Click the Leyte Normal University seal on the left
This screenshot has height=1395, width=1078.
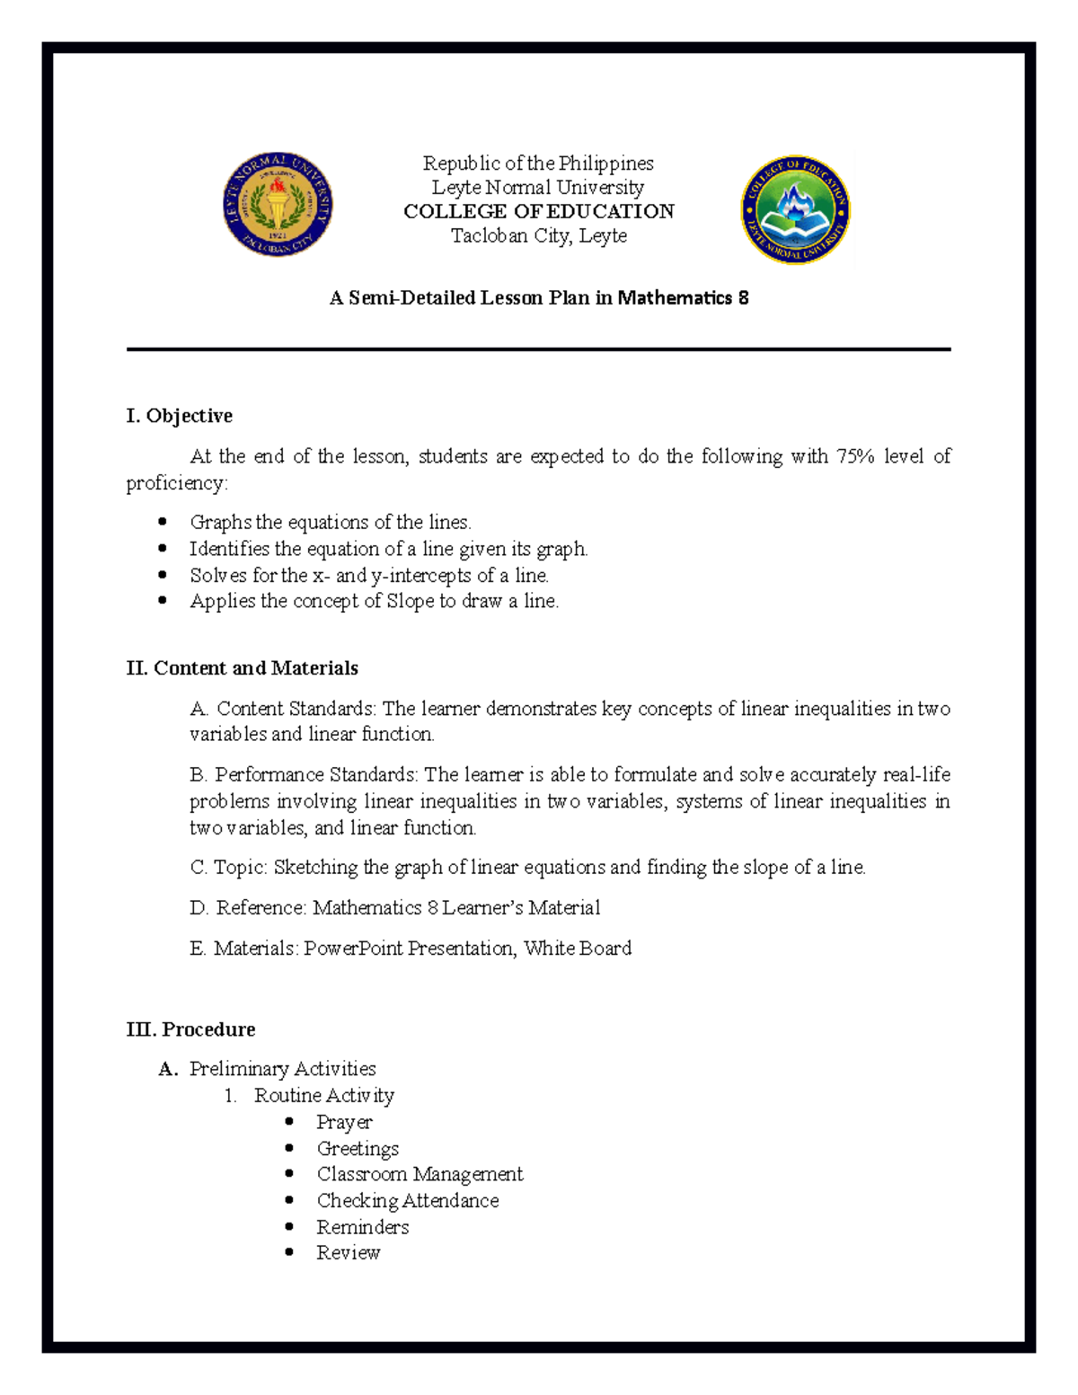tap(278, 204)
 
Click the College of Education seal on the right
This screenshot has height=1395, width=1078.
tap(795, 209)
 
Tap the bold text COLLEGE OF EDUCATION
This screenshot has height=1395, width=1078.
tap(538, 212)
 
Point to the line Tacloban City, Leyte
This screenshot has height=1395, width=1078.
tap(538, 236)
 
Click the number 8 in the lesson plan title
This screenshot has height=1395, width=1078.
tap(743, 298)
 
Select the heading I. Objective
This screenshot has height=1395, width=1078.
tap(180, 416)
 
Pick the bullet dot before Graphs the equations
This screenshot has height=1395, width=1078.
tap(163, 522)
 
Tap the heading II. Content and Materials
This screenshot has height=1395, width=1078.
tap(243, 668)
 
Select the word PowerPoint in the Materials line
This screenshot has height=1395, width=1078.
tap(353, 949)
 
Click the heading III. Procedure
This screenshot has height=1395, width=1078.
tap(191, 1029)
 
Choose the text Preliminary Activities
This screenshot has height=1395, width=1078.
tap(282, 1069)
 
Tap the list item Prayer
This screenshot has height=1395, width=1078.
tap(344, 1123)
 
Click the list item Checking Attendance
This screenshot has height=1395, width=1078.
tap(407, 1201)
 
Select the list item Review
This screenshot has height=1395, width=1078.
tap(348, 1253)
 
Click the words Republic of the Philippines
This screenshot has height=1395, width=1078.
tap(538, 163)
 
